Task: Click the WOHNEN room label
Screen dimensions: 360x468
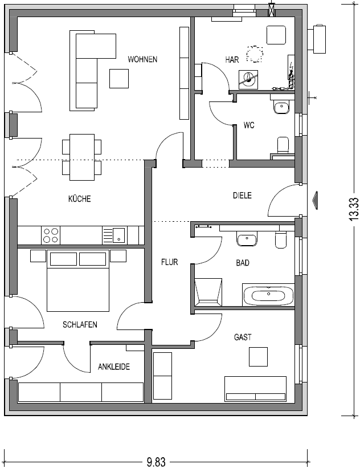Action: (142, 59)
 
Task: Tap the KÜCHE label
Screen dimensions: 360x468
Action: (79, 198)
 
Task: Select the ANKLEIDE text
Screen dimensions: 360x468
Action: (113, 366)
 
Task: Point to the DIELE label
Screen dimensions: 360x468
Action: (242, 195)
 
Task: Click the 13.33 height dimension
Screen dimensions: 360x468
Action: (354, 209)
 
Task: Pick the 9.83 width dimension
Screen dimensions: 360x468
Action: (156, 462)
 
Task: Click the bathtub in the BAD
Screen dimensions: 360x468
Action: (268, 295)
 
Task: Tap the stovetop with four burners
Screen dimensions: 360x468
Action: (51, 235)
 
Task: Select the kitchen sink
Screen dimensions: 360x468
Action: (115, 235)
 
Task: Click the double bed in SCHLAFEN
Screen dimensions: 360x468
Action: (78, 280)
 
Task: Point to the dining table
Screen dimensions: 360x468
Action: (82, 157)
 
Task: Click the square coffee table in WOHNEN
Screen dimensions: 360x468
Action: (119, 79)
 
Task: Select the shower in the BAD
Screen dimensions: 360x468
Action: (208, 292)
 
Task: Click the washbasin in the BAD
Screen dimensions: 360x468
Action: (247, 240)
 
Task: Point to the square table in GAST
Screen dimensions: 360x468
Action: (258, 357)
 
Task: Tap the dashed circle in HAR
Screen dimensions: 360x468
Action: (255, 54)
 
